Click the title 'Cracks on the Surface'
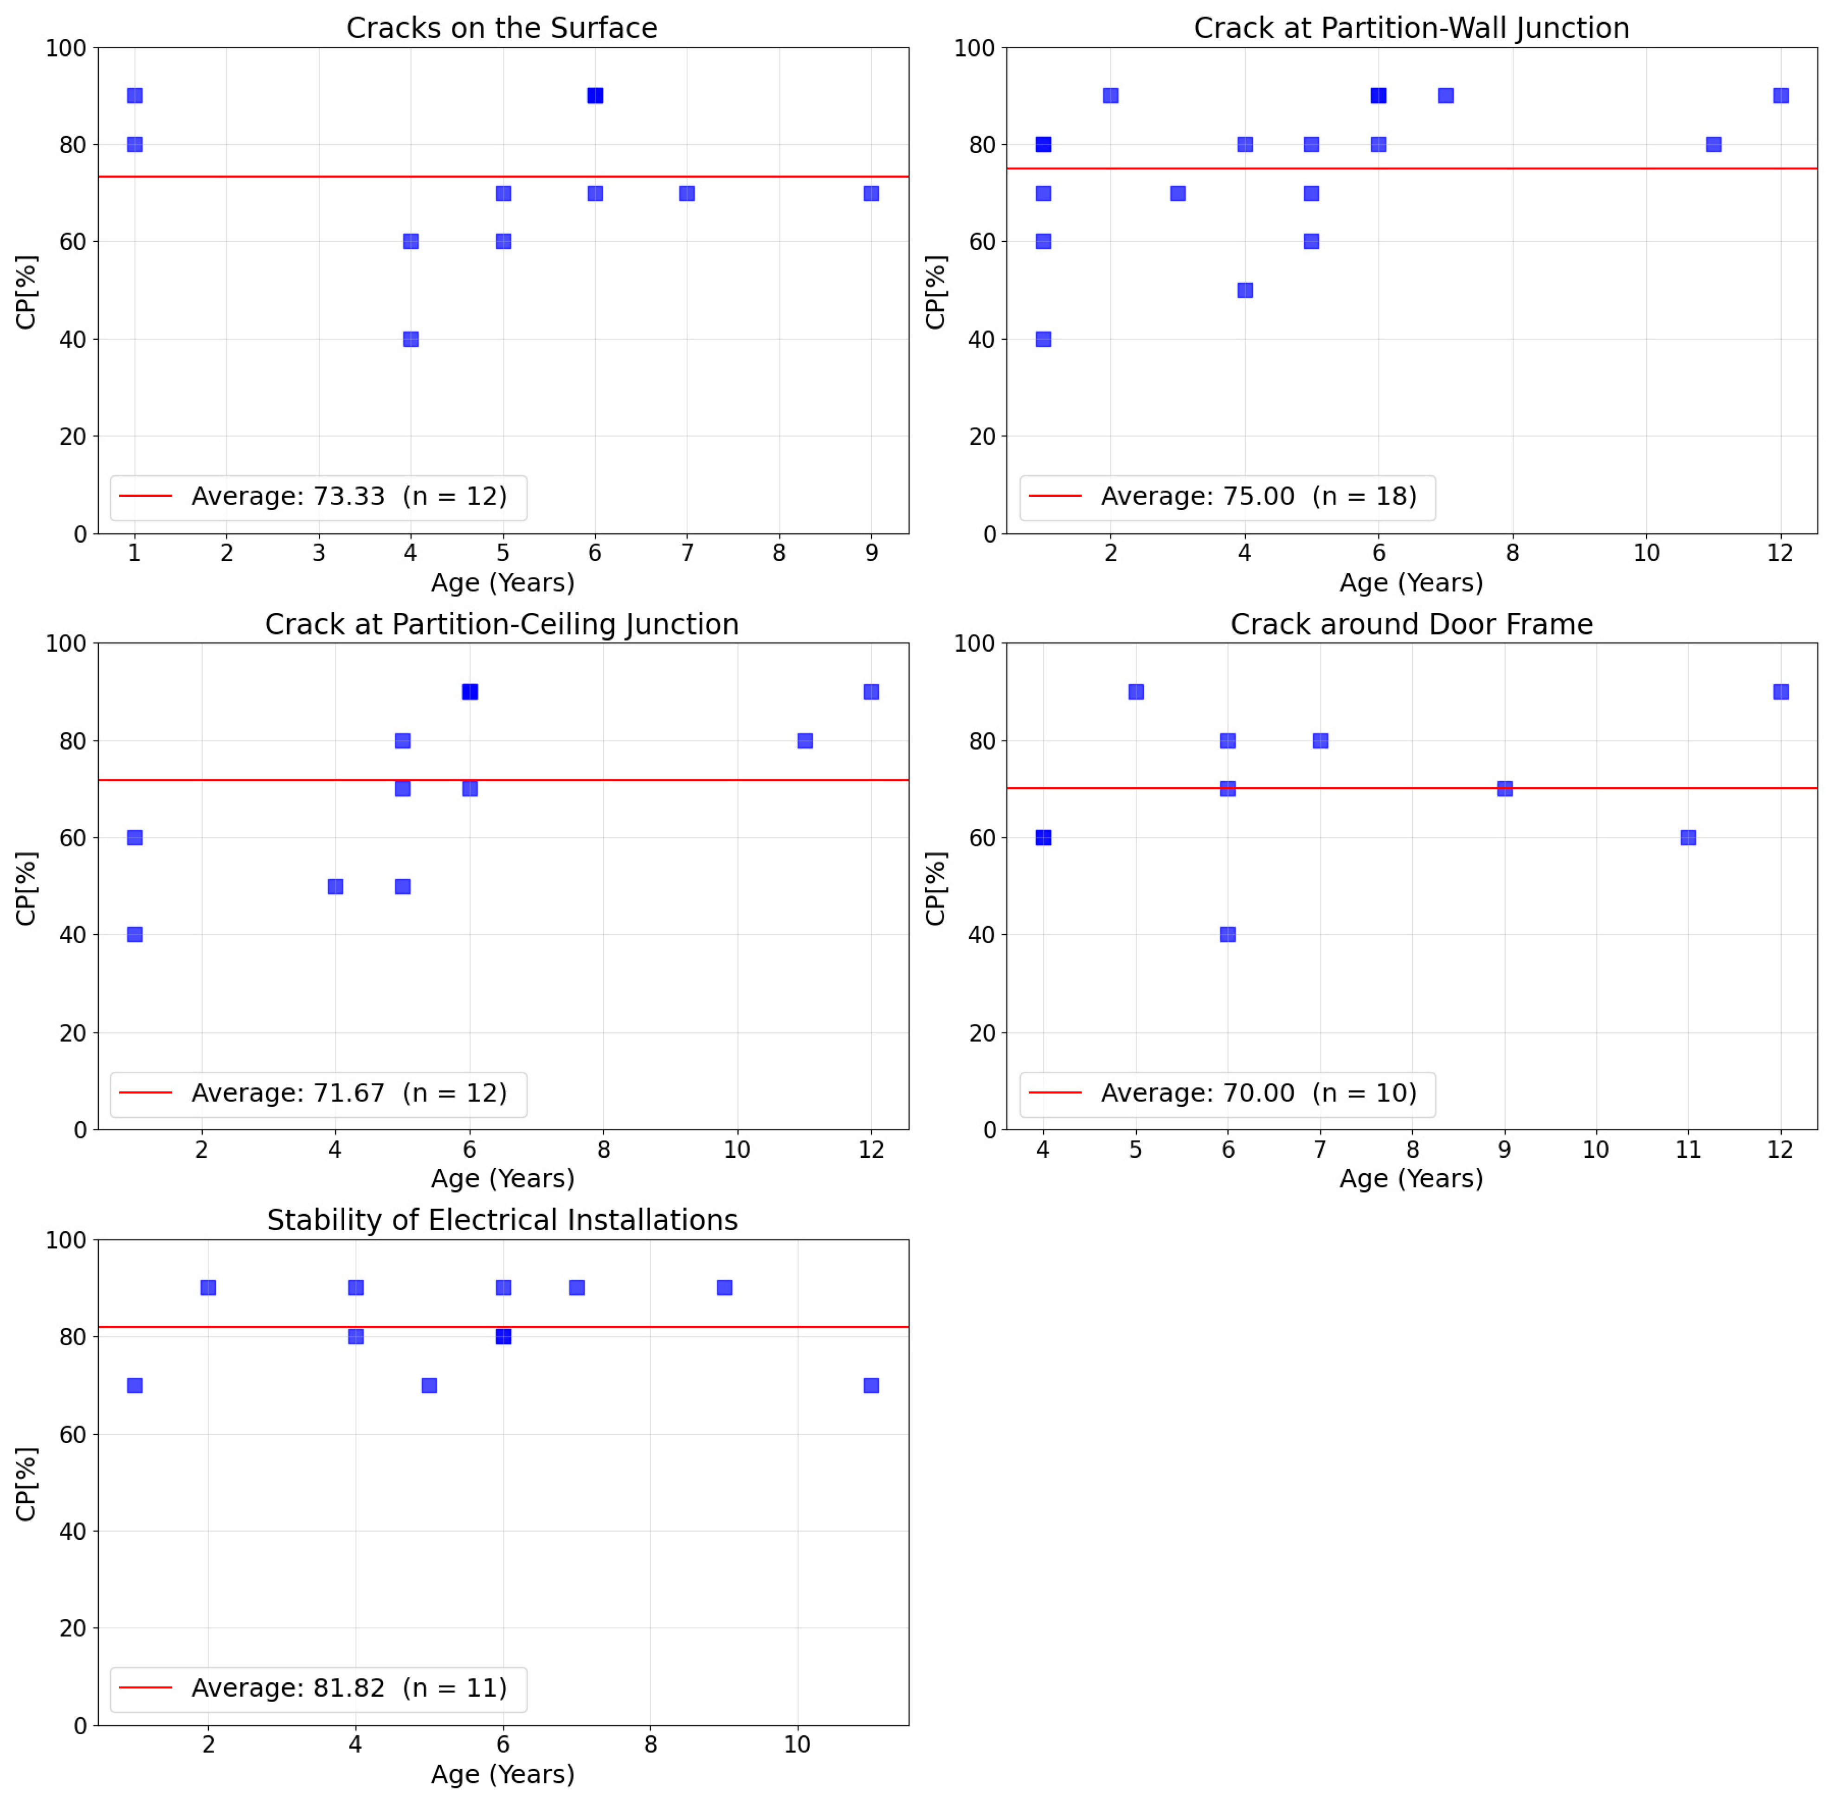point(502,28)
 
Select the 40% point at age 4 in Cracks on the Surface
point(411,339)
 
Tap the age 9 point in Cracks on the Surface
point(871,193)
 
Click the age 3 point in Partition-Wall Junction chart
point(1178,193)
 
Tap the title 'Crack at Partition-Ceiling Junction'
point(502,625)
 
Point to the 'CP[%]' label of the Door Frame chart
point(935,888)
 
